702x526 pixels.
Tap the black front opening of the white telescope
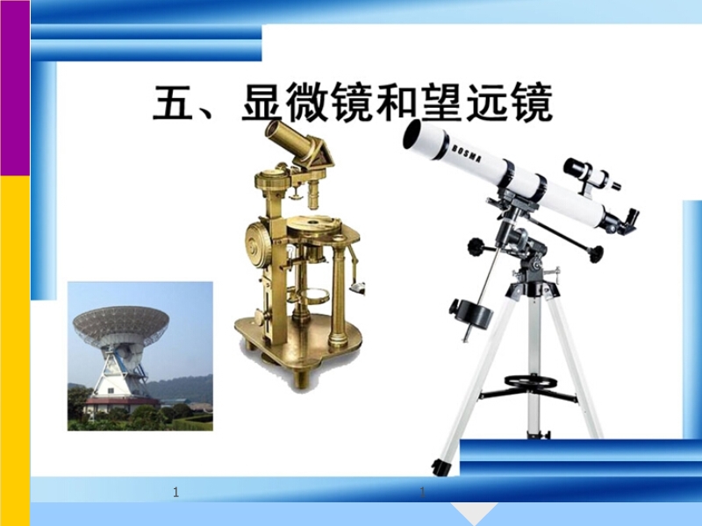tap(411, 134)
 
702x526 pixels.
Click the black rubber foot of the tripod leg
tap(441, 467)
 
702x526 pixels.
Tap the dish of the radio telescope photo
tap(121, 321)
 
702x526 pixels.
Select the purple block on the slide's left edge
tap(15, 88)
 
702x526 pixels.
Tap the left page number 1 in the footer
tap(176, 493)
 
